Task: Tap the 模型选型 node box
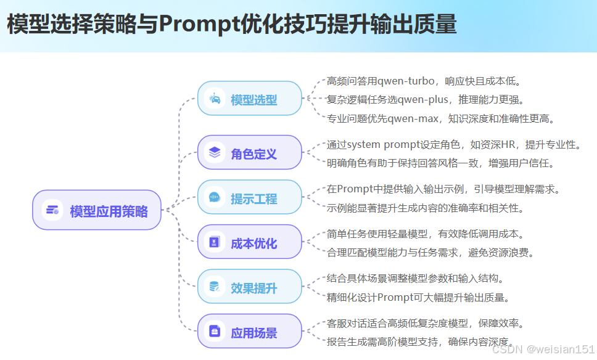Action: [x=249, y=99]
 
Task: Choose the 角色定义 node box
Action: [x=249, y=153]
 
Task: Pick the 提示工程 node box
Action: [x=249, y=198]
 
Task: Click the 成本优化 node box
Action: [x=249, y=242]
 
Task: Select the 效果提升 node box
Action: [x=249, y=287]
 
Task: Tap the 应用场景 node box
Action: [x=249, y=332]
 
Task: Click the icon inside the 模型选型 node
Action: [x=215, y=99]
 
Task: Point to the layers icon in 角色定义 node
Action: [x=215, y=152]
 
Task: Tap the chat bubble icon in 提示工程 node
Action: [x=215, y=197]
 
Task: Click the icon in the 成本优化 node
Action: [x=215, y=242]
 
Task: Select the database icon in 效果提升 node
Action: [x=215, y=287]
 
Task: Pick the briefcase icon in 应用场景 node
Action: [x=215, y=332]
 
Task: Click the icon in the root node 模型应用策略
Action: [x=52, y=210]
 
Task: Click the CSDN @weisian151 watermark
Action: [x=543, y=350]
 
